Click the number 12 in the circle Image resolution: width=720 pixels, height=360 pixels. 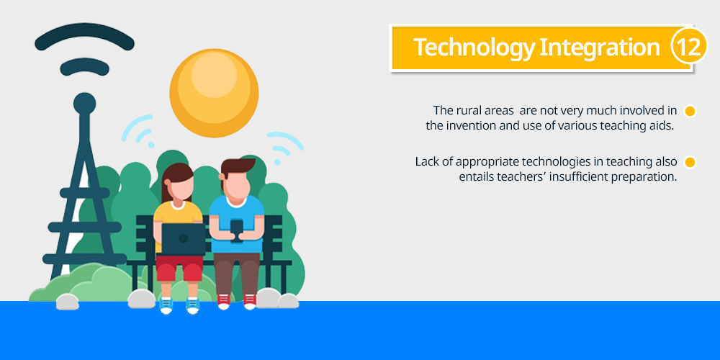pos(689,46)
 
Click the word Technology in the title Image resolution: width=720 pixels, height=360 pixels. pos(474,48)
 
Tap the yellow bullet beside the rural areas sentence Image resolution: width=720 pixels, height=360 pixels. pos(690,111)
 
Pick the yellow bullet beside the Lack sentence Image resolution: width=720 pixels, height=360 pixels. pos(690,163)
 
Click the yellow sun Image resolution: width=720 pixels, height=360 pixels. pos(214,93)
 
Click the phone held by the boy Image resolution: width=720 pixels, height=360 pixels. pos(236,230)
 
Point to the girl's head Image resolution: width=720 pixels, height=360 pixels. pos(178,182)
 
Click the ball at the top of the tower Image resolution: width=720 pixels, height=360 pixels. pos(84,103)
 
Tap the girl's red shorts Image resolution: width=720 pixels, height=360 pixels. pos(179,268)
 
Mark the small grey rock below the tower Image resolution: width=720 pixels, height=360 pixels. pos(68,302)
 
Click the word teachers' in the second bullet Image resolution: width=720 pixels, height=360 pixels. pos(521,177)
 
